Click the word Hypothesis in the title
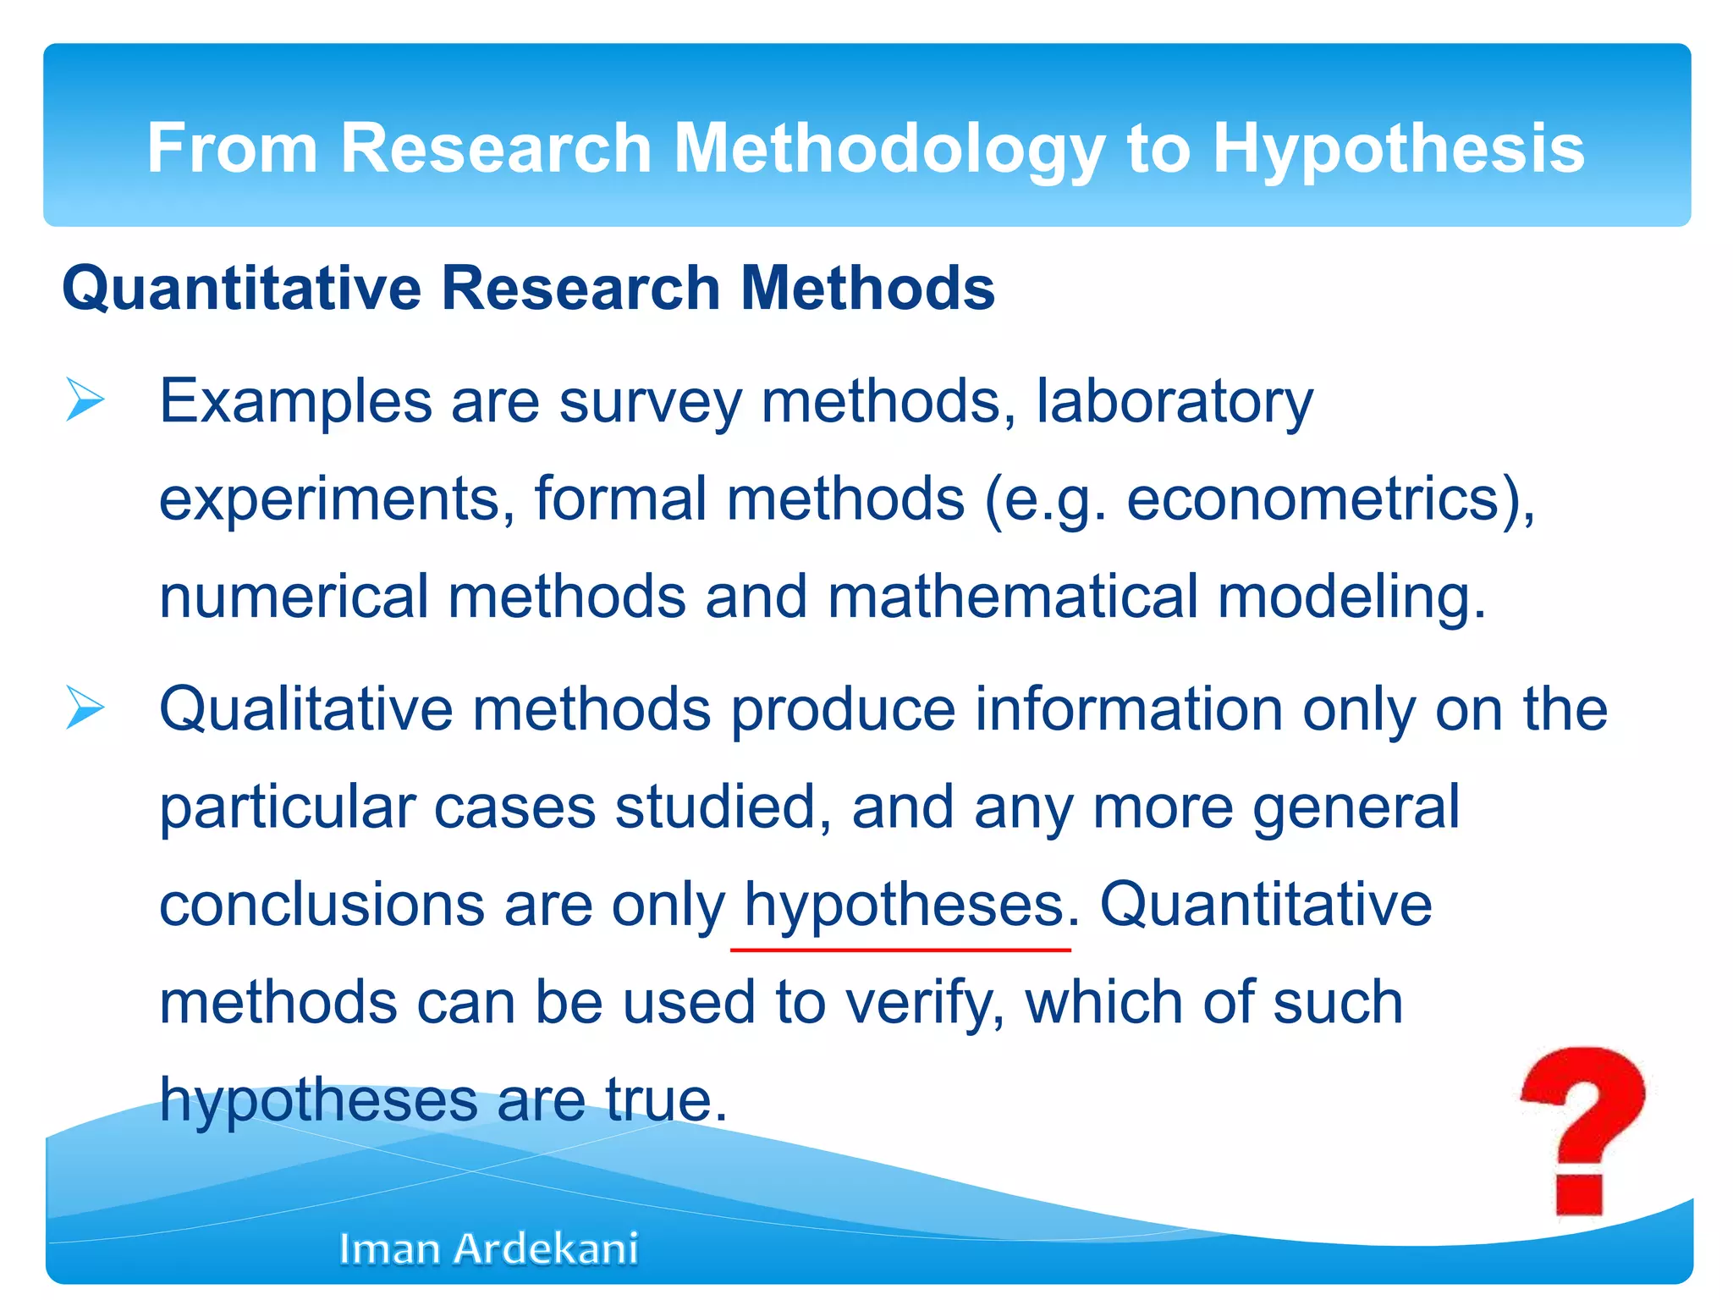(1398, 149)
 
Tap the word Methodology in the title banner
(889, 149)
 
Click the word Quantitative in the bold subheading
(241, 289)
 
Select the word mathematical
(1012, 597)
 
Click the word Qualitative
(305, 709)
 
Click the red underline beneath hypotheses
(900, 950)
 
